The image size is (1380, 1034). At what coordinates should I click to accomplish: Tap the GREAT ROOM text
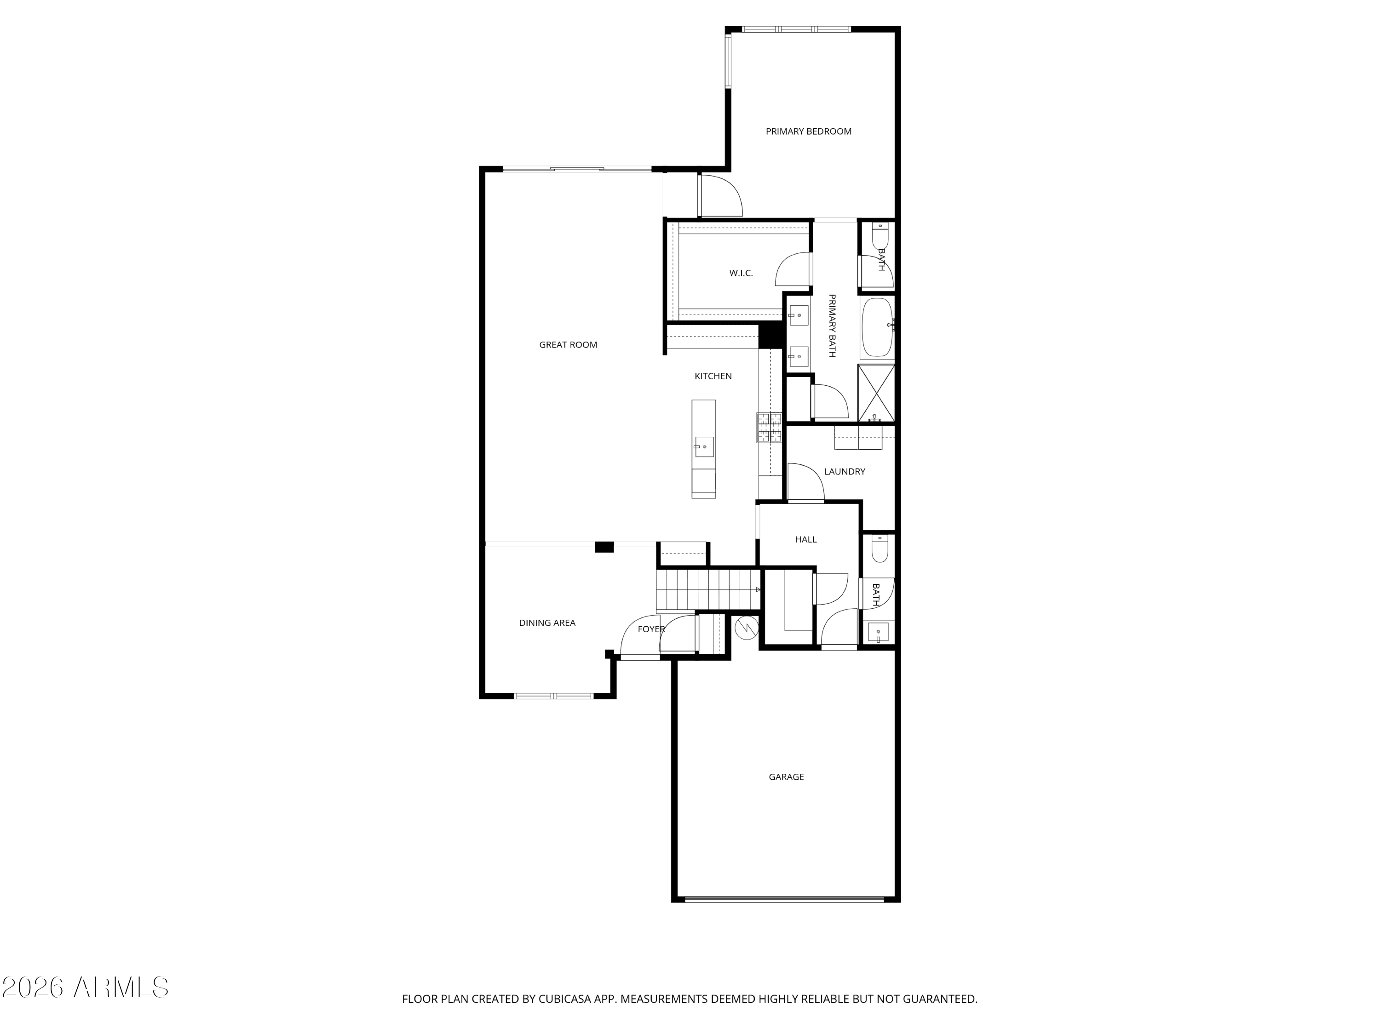click(x=568, y=345)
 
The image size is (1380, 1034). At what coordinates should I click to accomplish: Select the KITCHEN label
click(x=713, y=376)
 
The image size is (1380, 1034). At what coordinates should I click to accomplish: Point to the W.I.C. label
click(x=741, y=273)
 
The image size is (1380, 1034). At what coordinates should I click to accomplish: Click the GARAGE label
click(x=786, y=777)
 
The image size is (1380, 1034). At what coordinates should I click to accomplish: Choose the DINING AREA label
click(x=547, y=623)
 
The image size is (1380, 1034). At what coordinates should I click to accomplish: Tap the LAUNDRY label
click(x=844, y=471)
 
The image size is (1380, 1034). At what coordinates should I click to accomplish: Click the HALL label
click(x=805, y=539)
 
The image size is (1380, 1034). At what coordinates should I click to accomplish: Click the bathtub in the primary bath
click(x=877, y=327)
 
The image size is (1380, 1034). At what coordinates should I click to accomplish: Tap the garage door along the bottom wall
click(x=784, y=899)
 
